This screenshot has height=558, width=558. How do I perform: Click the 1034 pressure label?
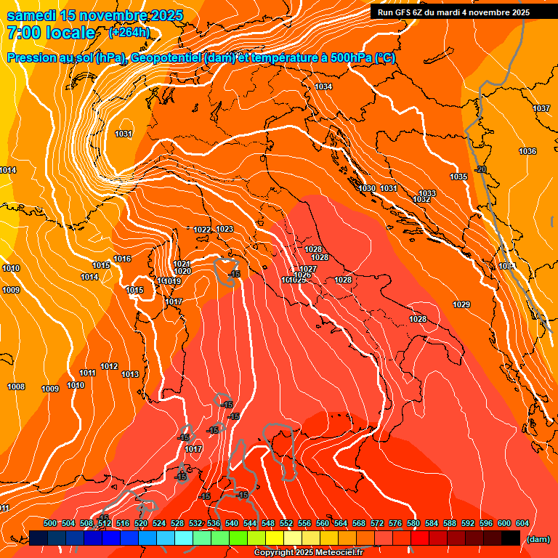click(323, 87)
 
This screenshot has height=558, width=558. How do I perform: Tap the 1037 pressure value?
click(541, 108)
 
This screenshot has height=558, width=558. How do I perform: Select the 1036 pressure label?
click(527, 151)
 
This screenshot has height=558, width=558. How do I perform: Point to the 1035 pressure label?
click(458, 177)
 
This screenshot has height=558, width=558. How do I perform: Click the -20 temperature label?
click(480, 169)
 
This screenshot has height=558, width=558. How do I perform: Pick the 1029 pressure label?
click(461, 304)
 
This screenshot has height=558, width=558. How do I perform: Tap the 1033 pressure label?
click(427, 193)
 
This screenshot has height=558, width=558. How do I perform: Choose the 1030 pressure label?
click(368, 188)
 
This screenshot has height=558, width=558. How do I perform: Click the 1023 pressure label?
click(225, 229)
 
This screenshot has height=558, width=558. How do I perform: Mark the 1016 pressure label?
click(122, 259)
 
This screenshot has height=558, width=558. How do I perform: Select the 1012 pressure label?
click(109, 366)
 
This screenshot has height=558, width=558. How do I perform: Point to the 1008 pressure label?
click(16, 387)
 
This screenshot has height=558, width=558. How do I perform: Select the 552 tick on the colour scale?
click(287, 523)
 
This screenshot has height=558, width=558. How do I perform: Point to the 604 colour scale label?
click(522, 523)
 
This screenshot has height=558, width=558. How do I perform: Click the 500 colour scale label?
click(50, 523)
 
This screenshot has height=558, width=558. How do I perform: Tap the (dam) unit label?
click(538, 539)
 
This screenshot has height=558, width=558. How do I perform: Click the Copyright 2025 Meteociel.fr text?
click(307, 553)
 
